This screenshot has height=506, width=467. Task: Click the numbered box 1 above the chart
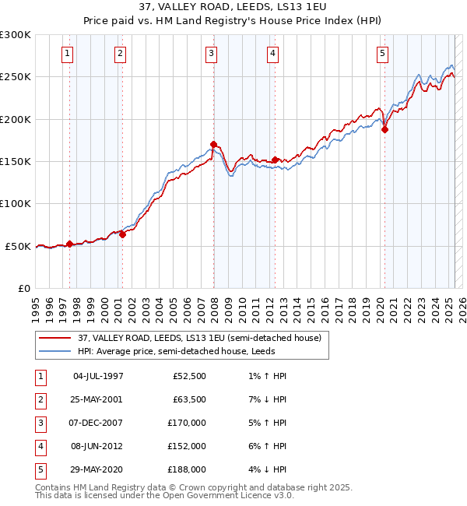(x=68, y=54)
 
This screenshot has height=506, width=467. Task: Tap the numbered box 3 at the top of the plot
(x=212, y=54)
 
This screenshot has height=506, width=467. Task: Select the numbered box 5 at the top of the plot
(x=383, y=54)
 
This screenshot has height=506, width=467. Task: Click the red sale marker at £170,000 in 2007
(x=213, y=145)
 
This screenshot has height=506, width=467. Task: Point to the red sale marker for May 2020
(x=384, y=130)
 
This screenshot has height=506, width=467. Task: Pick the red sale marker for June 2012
(x=275, y=160)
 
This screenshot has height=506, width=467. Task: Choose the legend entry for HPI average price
(x=186, y=351)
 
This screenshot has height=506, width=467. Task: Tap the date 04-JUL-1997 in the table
(x=98, y=377)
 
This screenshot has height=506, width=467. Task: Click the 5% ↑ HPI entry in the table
(x=264, y=423)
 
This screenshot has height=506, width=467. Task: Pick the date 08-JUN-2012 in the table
(x=98, y=447)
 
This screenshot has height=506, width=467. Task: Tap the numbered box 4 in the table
(x=40, y=447)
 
